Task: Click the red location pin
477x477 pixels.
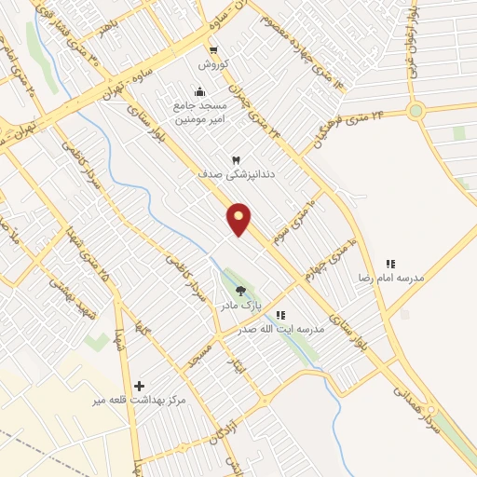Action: click(x=239, y=218)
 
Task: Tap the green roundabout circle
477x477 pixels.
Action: click(x=416, y=111)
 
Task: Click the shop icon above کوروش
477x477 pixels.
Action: click(x=213, y=50)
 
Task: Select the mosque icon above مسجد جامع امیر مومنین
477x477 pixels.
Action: click(x=198, y=91)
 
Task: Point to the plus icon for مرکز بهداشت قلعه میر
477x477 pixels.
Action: click(x=140, y=386)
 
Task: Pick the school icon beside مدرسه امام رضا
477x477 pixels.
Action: click(x=390, y=265)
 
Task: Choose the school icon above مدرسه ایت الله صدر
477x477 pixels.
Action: click(x=281, y=315)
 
